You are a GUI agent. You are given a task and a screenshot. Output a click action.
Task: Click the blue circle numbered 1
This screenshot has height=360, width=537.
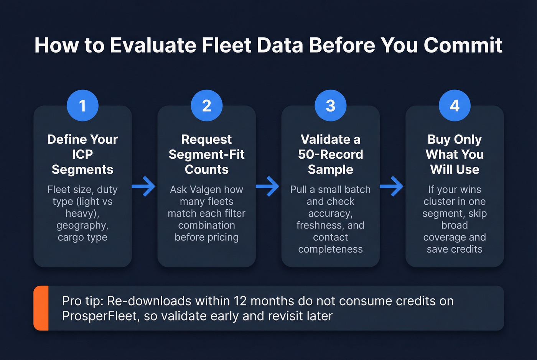(82, 105)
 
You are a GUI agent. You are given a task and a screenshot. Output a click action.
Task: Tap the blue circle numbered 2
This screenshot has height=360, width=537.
(206, 105)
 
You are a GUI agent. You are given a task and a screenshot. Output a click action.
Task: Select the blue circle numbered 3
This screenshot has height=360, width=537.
(330, 105)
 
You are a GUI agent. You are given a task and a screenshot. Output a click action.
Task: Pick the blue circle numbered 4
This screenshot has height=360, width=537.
(455, 105)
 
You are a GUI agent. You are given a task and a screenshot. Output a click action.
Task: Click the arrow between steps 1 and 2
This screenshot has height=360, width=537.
(144, 187)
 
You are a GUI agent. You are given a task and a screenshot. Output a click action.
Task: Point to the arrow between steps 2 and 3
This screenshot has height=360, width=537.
(268, 187)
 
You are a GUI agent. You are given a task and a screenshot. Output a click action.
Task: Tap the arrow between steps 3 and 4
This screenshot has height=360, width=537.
(392, 187)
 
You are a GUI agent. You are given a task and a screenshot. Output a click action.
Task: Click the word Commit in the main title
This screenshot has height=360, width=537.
(463, 45)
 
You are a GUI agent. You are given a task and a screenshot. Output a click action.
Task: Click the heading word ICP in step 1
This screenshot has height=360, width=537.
(82, 154)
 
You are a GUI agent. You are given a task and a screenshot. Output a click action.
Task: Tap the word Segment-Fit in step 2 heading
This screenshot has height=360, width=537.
(206, 154)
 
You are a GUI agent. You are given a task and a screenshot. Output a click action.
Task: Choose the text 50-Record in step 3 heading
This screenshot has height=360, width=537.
(330, 154)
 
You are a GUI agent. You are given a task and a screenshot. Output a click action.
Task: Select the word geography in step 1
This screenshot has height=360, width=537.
(82, 225)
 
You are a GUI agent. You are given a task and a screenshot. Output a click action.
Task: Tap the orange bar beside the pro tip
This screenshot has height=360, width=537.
(41, 308)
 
